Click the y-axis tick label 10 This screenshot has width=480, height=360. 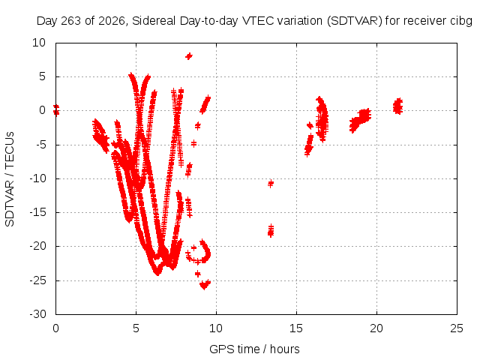[x=39, y=43]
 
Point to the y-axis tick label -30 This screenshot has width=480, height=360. [x=38, y=314]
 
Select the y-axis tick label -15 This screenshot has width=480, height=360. [x=38, y=212]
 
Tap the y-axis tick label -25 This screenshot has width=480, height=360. [x=38, y=280]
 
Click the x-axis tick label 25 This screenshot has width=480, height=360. [x=457, y=328]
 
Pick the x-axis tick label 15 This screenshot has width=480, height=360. [x=296, y=328]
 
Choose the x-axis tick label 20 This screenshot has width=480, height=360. [x=376, y=328]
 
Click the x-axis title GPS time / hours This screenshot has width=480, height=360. [x=254, y=349]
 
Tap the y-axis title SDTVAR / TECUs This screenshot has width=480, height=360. [x=10, y=179]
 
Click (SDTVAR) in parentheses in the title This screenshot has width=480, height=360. [x=355, y=21]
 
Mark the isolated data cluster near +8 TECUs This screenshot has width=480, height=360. [x=189, y=56]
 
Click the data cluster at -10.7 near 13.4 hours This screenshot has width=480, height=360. [x=271, y=184]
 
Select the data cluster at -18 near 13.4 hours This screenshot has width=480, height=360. [x=271, y=231]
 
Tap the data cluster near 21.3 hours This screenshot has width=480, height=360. [x=397, y=106]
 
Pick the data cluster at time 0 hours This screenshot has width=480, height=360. [x=56, y=110]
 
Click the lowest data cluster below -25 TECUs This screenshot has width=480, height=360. [x=205, y=285]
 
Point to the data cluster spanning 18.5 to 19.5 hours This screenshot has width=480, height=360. [x=360, y=120]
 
